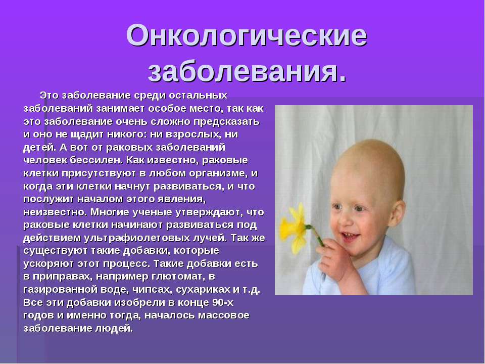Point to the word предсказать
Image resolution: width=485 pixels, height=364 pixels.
tap(226, 121)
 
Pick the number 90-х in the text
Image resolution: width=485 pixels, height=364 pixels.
tap(223, 302)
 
